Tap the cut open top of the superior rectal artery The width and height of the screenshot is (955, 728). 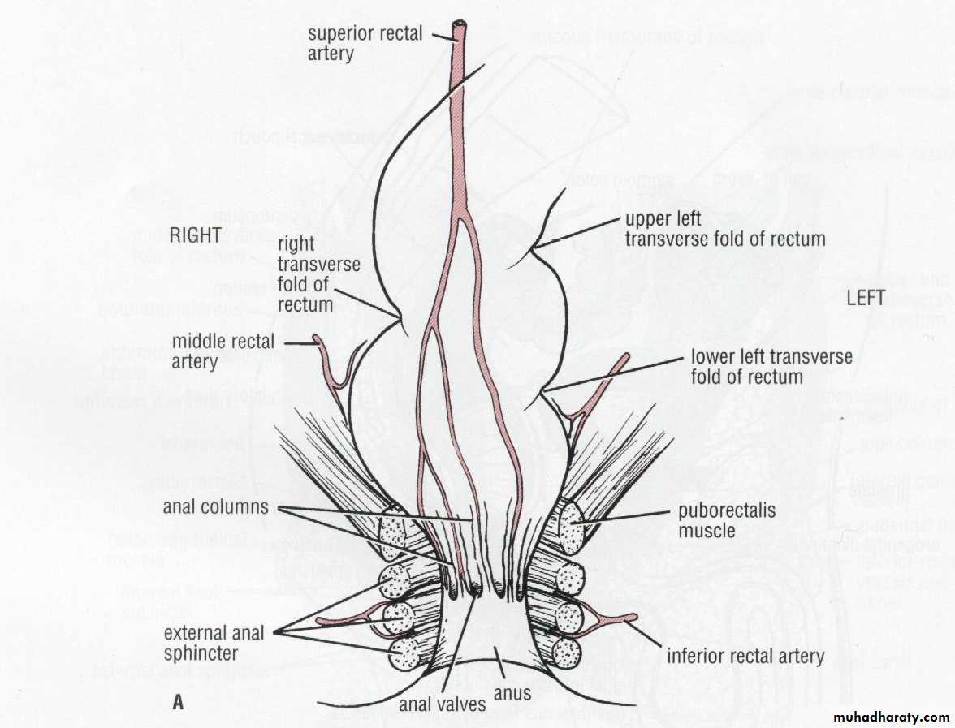[x=460, y=26]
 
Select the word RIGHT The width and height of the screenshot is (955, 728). [x=197, y=235]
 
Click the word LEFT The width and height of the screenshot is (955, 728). [x=866, y=298]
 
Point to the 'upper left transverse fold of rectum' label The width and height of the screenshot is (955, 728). [x=724, y=230]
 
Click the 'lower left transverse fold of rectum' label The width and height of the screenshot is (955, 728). [x=771, y=367]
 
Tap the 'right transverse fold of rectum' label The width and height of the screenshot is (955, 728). [x=305, y=274]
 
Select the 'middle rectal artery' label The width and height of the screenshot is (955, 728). [x=223, y=351]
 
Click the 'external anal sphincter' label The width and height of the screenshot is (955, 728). [x=214, y=642]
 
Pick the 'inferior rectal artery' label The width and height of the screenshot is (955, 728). [x=745, y=656]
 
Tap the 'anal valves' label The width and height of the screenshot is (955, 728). [x=442, y=704]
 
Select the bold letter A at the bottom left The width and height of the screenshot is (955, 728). [x=178, y=703]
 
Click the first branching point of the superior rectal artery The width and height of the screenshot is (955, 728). [x=460, y=216]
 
